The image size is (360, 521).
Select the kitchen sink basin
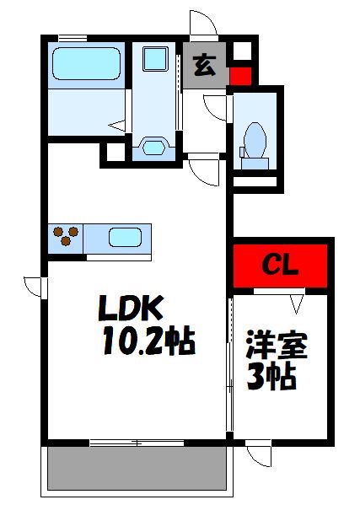point(124,237)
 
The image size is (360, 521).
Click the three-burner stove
point(66,237)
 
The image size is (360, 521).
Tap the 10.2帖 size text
point(148,341)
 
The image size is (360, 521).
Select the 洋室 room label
point(277,346)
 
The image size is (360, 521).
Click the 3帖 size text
point(271,377)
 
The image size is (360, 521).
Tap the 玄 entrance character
point(205,65)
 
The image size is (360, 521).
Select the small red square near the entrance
point(240,76)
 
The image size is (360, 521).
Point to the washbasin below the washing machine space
point(153,147)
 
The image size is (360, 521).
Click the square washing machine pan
point(153,58)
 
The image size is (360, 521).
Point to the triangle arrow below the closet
point(297,301)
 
